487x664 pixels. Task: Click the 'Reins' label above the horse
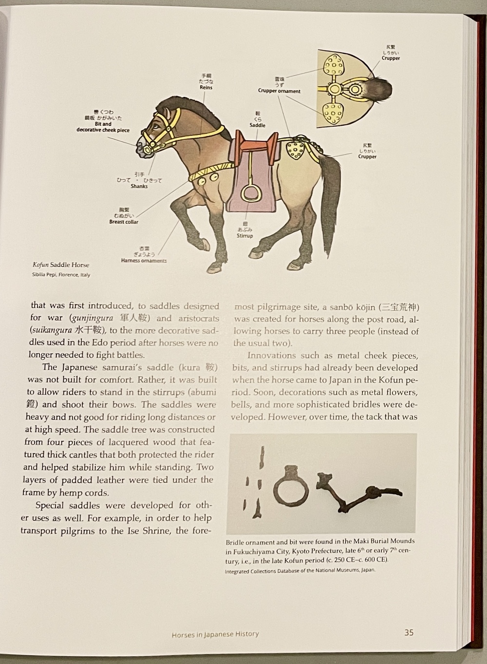coord(206,88)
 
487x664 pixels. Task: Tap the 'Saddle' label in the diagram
coord(258,125)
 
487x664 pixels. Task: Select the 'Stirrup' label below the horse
coord(245,236)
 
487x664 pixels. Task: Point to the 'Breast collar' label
coord(124,222)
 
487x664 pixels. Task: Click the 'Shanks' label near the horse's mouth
coord(139,186)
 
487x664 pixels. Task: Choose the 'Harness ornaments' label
coord(144,261)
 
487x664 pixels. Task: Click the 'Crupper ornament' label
coord(279,91)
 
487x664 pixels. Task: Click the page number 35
coord(409,632)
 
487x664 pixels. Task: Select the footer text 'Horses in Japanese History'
coord(215,634)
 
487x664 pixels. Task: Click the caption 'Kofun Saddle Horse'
coord(61,265)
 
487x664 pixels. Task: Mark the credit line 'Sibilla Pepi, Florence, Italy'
coord(61,275)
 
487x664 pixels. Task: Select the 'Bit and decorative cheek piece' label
coord(103,127)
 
